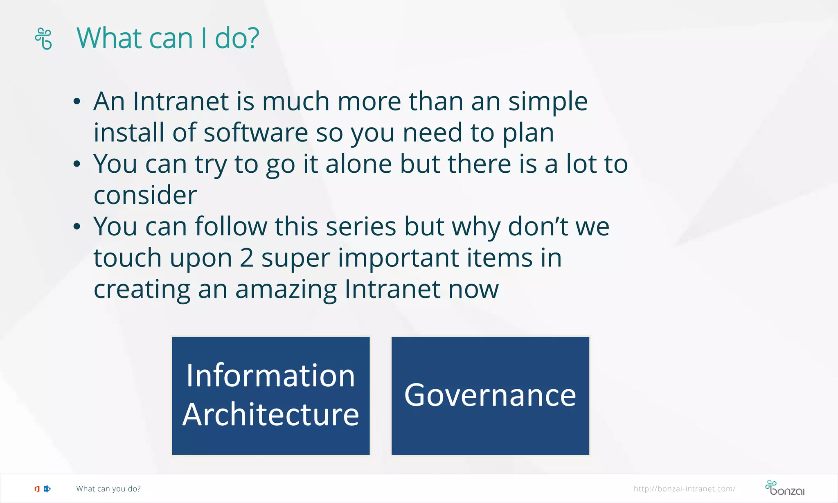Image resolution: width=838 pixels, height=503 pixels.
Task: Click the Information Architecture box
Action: coord(270,395)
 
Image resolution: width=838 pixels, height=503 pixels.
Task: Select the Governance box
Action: coord(490,395)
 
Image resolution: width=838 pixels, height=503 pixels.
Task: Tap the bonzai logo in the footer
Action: coord(784,488)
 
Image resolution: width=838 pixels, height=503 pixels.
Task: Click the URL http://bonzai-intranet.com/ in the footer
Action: coord(684,489)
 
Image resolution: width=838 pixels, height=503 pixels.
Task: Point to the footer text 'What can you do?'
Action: coord(108,489)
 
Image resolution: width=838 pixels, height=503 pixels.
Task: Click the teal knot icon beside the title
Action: coord(43,38)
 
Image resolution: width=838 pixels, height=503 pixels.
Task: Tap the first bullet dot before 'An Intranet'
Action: coord(77,102)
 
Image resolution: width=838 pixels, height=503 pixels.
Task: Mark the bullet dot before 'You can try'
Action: coord(77,165)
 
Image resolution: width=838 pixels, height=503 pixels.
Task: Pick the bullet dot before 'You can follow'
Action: coord(77,227)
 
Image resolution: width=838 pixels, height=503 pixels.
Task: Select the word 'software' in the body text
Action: coord(256,133)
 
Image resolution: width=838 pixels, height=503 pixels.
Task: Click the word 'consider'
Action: coord(145,196)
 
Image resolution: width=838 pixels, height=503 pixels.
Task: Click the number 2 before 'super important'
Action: coord(246,258)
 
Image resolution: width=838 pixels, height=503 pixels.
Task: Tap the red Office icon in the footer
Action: coord(37,489)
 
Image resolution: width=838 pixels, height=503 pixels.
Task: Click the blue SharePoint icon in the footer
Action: coord(47,489)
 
